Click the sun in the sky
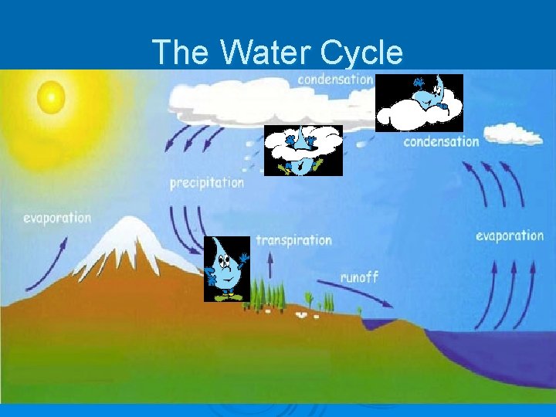(51, 96)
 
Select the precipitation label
(207, 184)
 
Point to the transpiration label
(293, 240)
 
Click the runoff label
(359, 276)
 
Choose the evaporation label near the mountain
(57, 218)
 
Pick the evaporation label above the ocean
(510, 236)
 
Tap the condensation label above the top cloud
(335, 80)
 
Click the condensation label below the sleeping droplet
(441, 141)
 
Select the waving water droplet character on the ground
(226, 269)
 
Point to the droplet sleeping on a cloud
(419, 102)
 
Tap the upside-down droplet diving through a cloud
(303, 150)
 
